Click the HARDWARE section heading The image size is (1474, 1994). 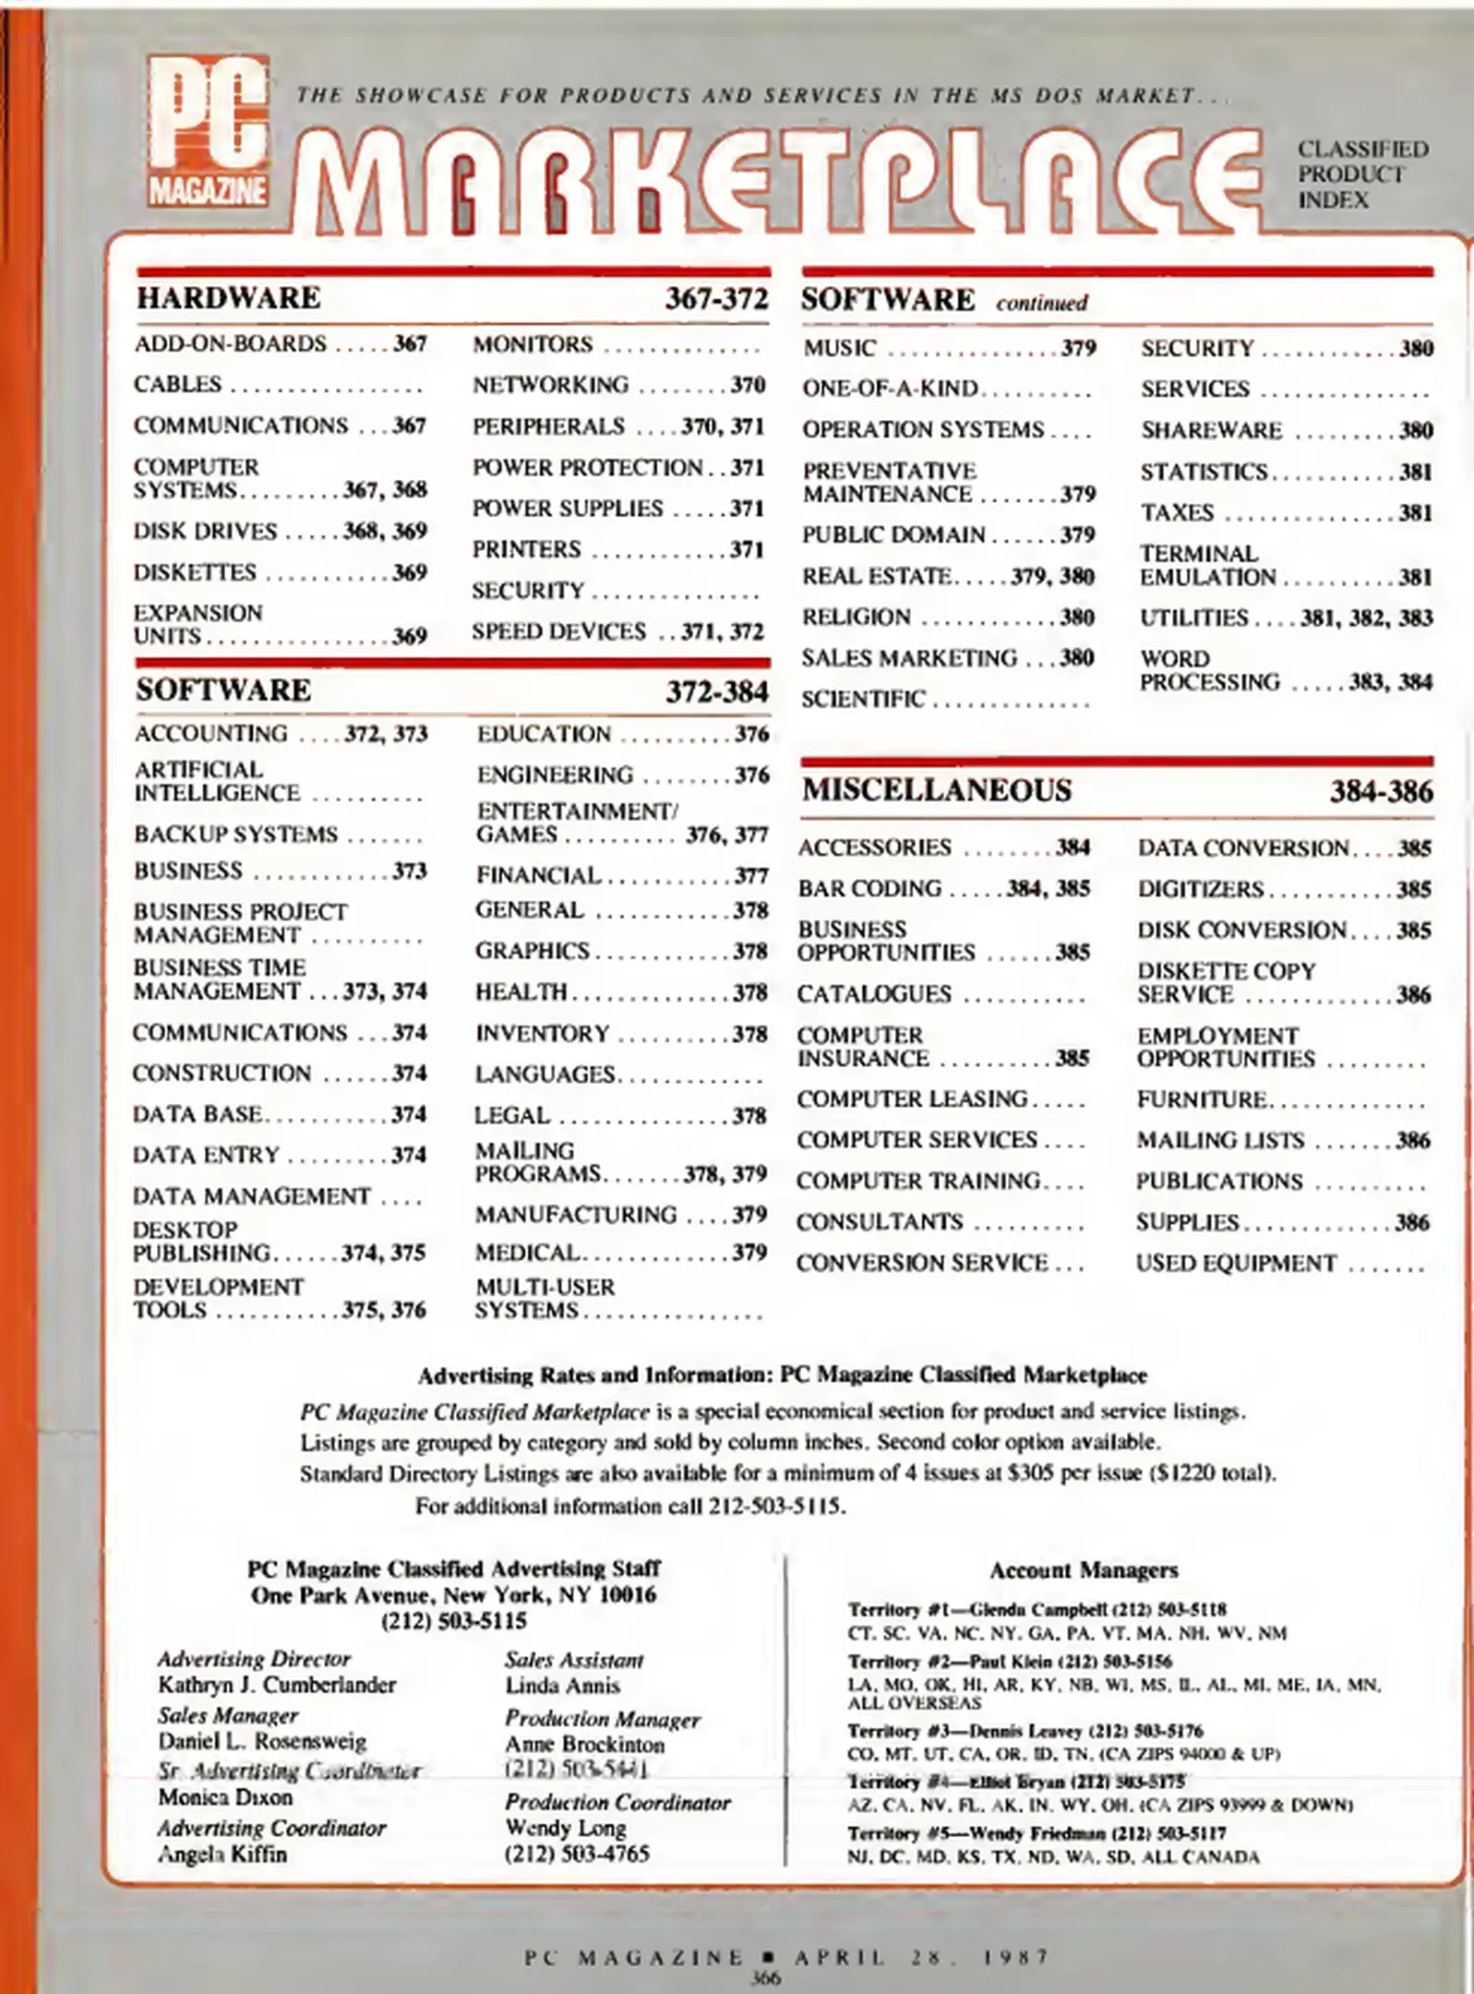click(x=228, y=298)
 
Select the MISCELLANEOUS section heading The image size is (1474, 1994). click(x=936, y=790)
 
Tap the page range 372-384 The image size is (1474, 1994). click(x=717, y=691)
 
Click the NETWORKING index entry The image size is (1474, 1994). click(x=550, y=385)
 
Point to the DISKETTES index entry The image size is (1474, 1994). click(x=195, y=572)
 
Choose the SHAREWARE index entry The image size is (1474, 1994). click(x=1211, y=431)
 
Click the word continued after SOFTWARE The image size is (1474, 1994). click(x=1041, y=303)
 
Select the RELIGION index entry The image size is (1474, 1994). click(x=857, y=617)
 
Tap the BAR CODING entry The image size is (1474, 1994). click(x=869, y=888)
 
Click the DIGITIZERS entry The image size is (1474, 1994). click(x=1200, y=889)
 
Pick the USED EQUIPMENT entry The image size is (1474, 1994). click(x=1236, y=1263)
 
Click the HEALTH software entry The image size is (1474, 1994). click(x=521, y=992)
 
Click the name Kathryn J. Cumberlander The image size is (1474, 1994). click(x=276, y=1685)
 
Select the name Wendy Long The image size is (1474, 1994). click(x=551, y=1827)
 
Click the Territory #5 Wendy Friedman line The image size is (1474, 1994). click(x=1037, y=1833)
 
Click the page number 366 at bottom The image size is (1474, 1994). click(x=765, y=1977)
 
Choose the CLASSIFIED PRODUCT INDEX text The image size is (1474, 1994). click(x=1361, y=174)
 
